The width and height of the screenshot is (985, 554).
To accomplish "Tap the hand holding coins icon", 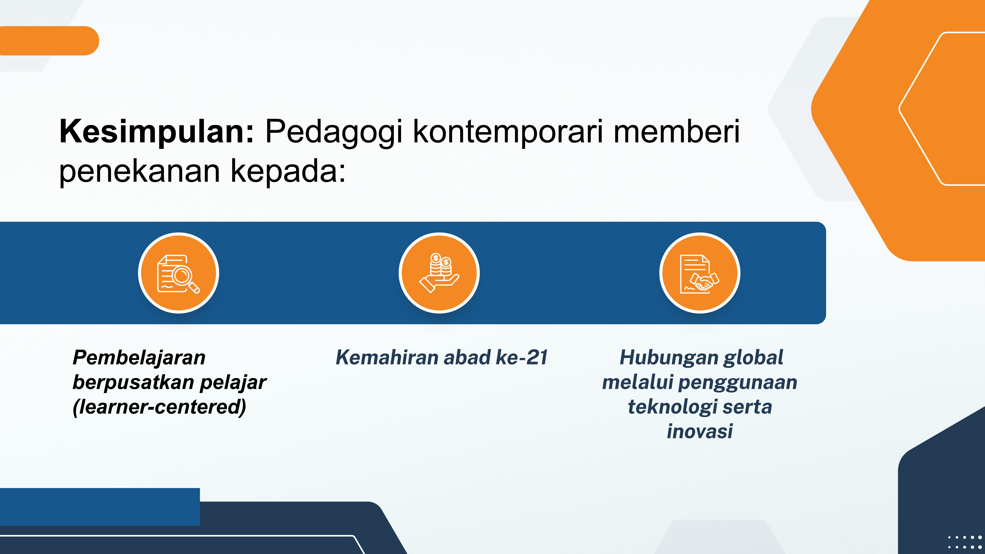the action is tap(439, 273).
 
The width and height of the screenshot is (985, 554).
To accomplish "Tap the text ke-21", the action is tap(522, 358).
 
